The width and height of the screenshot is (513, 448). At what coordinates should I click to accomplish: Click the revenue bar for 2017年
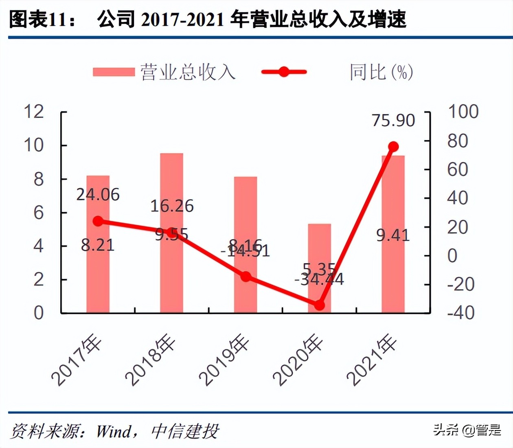pyautogui.click(x=98, y=277)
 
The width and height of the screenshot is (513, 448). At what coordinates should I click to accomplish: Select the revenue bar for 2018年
pyautogui.click(x=172, y=277)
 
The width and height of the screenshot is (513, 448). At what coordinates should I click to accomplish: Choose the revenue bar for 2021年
pyautogui.click(x=393, y=277)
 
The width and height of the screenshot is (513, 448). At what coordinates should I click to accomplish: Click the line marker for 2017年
pyautogui.click(x=98, y=221)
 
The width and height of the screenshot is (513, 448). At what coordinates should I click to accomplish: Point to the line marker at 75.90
pyautogui.click(x=393, y=147)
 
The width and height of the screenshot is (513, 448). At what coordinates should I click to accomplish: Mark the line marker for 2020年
pyautogui.click(x=320, y=305)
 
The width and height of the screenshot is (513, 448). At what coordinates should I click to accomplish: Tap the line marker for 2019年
pyautogui.click(x=246, y=277)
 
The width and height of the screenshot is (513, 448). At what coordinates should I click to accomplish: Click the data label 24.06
pyautogui.click(x=98, y=195)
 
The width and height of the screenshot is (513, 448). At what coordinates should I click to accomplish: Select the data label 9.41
pyautogui.click(x=393, y=235)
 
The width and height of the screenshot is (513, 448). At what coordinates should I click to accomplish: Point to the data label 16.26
pyautogui.click(x=172, y=206)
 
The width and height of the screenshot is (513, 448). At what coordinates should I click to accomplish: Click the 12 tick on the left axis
pyautogui.click(x=34, y=112)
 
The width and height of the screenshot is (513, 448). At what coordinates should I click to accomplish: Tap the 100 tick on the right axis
pyautogui.click(x=463, y=112)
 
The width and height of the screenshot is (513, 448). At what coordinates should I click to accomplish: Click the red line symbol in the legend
pyautogui.click(x=284, y=72)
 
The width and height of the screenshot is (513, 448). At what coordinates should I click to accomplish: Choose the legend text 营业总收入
pyautogui.click(x=188, y=72)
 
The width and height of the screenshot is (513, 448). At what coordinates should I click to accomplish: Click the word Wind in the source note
pyautogui.click(x=114, y=431)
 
